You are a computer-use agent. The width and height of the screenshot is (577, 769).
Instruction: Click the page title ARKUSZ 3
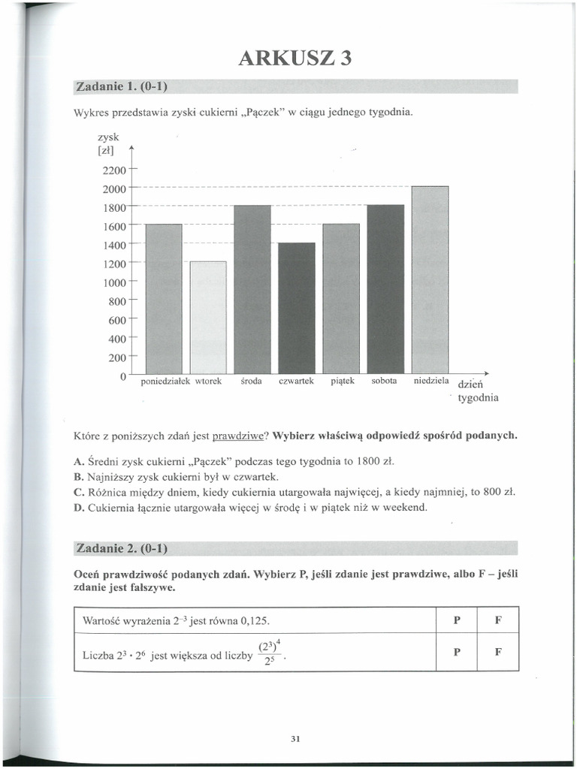[295, 58]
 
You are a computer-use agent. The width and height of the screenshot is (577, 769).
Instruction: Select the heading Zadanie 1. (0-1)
[121, 86]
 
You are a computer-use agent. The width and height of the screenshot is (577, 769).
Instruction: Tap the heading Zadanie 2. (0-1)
[121, 548]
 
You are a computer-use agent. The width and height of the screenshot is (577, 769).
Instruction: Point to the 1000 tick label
[115, 282]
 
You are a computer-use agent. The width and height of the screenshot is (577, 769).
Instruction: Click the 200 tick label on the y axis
[118, 357]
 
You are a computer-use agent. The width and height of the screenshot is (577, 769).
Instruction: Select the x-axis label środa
[251, 381]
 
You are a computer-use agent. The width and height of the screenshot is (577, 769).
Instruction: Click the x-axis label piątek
[342, 381]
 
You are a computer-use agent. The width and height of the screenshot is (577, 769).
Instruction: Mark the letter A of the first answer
[77, 460]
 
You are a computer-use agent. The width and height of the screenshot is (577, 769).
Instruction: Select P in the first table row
[457, 621]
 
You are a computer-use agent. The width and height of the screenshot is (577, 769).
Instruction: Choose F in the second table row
[497, 652]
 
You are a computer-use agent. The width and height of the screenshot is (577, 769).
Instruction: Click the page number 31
[295, 739]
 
